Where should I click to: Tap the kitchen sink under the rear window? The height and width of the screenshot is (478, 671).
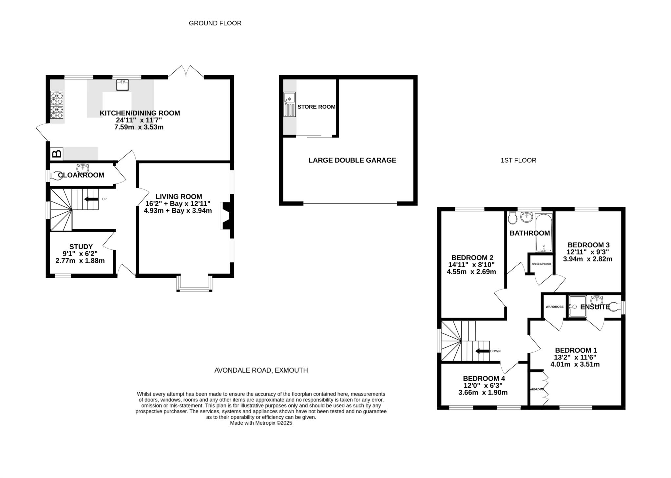(122, 85)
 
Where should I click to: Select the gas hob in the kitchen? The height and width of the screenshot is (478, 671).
(56, 105)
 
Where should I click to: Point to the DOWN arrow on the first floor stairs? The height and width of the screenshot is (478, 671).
(482, 351)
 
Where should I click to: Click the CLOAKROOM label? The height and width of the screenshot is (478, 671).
(81, 175)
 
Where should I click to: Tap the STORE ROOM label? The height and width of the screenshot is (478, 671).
(316, 107)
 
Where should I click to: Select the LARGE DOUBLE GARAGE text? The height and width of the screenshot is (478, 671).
(352, 160)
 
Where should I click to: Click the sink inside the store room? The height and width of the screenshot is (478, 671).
(290, 104)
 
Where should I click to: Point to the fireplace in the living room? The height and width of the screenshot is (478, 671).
(226, 216)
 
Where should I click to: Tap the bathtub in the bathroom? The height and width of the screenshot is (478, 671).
(544, 233)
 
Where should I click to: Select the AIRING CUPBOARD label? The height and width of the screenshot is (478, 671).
(541, 264)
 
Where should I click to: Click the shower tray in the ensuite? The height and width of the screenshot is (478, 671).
(578, 307)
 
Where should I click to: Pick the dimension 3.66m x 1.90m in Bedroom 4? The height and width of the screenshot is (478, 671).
(483, 393)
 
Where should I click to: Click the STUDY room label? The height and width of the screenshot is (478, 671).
(81, 246)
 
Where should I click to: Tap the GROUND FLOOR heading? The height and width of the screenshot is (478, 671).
(215, 23)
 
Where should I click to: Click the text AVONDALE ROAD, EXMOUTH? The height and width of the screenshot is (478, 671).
(261, 370)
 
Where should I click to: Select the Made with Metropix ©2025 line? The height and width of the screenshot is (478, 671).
(261, 423)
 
